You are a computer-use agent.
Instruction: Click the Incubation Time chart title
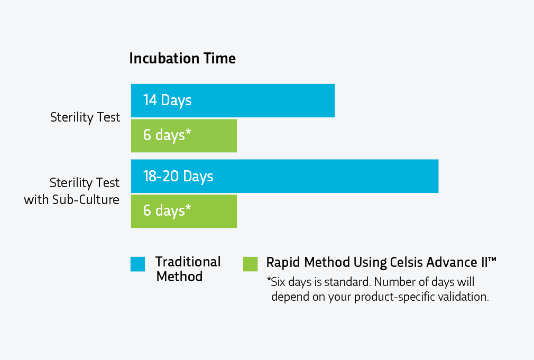coord(182,59)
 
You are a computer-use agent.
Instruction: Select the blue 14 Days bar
coord(233,100)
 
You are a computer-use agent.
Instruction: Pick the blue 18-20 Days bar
coord(284,176)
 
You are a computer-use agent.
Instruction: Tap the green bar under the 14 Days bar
coord(184,135)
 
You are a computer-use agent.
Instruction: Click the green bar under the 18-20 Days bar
coord(184,211)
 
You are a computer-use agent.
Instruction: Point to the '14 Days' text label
coord(167,100)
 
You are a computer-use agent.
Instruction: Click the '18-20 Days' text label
coord(178,177)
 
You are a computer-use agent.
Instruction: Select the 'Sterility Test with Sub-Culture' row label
coord(71,191)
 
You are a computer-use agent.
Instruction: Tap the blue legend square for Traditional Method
coord(137,264)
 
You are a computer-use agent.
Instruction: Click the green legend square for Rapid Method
coord(250,264)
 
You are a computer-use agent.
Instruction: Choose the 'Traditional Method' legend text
coord(188,269)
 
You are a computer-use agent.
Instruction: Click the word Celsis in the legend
coord(406,262)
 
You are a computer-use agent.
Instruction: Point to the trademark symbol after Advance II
coord(492,260)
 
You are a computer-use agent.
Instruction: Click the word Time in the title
coord(219,59)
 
